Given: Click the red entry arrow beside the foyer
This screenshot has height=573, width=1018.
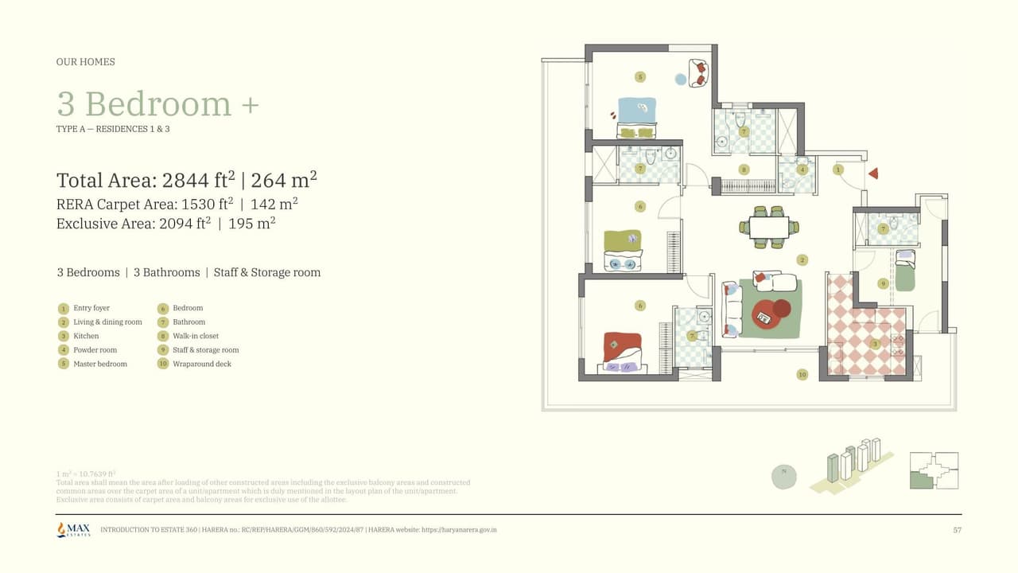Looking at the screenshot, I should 872,173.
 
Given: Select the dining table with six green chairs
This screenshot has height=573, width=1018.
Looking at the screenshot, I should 769,227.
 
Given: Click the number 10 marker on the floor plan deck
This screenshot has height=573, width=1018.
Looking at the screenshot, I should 802,374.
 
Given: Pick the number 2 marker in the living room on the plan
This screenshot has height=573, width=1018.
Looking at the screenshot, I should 802,260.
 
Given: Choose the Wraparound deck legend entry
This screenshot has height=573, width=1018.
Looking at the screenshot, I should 194,364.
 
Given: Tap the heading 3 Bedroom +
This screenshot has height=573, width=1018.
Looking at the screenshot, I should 157,104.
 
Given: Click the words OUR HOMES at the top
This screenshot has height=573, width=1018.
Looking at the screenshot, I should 85,62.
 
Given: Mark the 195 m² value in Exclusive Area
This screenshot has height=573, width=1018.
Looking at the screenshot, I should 251,224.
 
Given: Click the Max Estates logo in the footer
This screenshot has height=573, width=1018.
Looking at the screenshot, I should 73,529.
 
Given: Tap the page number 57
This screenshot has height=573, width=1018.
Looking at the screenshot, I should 957,530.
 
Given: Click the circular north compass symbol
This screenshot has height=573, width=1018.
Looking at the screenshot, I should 784,476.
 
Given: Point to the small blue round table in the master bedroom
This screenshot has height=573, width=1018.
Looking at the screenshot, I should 680,80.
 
